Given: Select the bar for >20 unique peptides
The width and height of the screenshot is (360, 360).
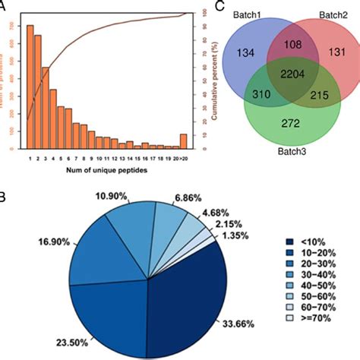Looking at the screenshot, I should (183, 141).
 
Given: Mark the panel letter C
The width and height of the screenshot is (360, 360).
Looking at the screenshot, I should (219, 6).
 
